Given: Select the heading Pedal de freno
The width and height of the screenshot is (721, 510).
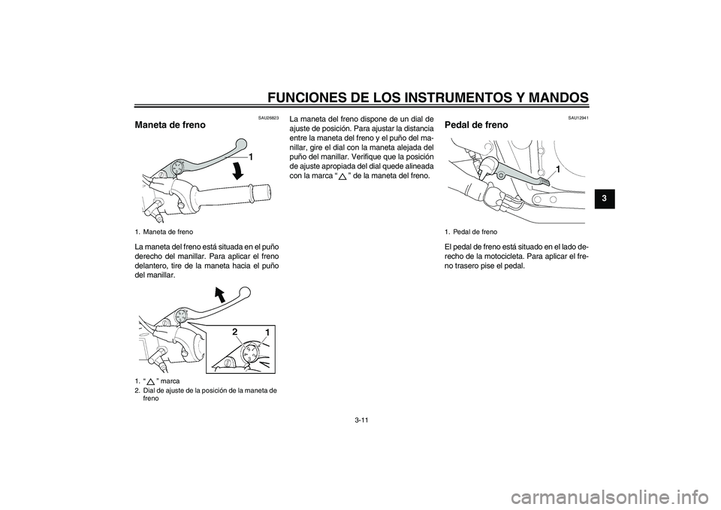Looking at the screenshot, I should [476, 124].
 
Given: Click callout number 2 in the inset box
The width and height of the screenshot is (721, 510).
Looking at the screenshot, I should [234, 332].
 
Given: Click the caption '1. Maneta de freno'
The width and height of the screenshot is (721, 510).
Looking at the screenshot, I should [164, 232].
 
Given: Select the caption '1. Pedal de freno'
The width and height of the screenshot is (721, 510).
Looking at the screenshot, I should [472, 232].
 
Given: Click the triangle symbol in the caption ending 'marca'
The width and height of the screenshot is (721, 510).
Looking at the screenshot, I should [151, 382].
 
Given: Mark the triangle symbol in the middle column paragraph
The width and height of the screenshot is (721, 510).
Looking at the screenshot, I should [342, 176].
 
